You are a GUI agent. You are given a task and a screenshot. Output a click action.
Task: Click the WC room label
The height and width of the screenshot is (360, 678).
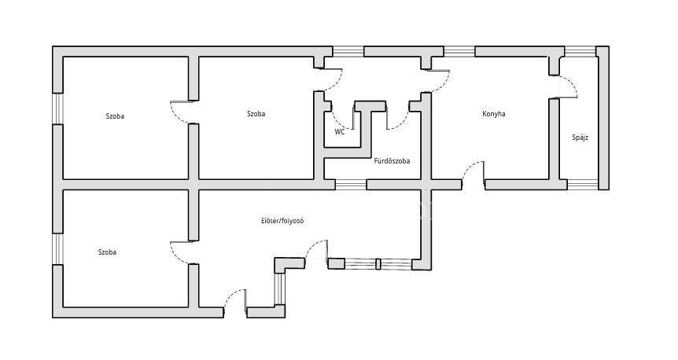[x=340, y=132]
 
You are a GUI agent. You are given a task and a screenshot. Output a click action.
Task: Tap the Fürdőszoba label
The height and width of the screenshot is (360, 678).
[x=392, y=161]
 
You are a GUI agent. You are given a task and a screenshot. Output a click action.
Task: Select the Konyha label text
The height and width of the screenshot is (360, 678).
[x=493, y=114]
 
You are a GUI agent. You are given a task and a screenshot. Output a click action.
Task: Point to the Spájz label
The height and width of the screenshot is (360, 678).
[x=580, y=138]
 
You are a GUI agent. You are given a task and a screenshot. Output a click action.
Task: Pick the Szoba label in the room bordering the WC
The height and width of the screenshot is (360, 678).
[x=256, y=114]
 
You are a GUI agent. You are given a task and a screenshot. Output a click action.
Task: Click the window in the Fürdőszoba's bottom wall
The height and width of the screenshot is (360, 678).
[x=351, y=185]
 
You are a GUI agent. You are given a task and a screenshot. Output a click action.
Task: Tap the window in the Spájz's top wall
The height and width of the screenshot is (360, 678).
[x=580, y=51]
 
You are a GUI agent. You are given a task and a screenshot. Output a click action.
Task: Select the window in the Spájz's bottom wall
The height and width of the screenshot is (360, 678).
[x=583, y=185]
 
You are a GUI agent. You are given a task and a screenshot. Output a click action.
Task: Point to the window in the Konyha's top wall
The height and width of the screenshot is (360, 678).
[x=459, y=51]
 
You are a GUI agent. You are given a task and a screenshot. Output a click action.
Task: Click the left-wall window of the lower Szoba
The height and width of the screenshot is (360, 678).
[x=57, y=249]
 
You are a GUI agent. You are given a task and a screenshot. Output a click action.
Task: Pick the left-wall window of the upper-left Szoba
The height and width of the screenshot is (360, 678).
[x=57, y=108]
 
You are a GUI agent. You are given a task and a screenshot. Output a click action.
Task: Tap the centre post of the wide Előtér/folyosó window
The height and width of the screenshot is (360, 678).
[x=378, y=263]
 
